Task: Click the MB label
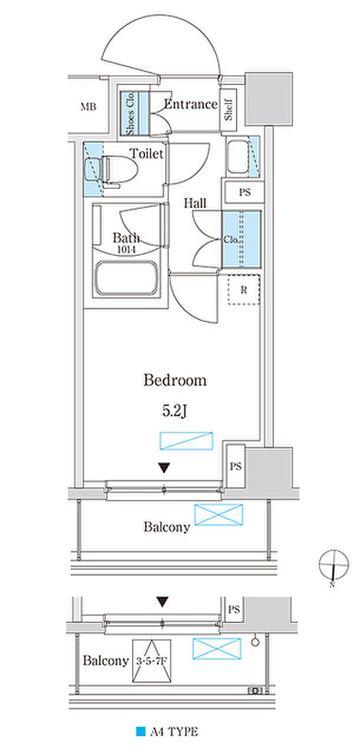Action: click(89, 107)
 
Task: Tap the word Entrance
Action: click(191, 104)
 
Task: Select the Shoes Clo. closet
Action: click(135, 114)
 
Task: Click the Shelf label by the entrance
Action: click(228, 110)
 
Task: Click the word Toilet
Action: click(146, 154)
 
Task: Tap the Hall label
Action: click(195, 203)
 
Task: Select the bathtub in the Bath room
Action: click(127, 278)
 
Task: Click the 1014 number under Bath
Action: click(126, 250)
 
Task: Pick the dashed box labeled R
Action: click(244, 290)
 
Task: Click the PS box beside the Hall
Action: click(244, 192)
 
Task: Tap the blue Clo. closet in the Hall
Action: click(241, 239)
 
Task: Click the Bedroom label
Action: click(175, 380)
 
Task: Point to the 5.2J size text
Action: click(175, 411)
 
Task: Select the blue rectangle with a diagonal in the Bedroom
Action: click(186, 441)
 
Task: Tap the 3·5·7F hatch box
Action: click(152, 661)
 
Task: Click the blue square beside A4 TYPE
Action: click(140, 731)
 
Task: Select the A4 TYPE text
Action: click(174, 732)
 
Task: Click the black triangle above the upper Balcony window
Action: click(164, 468)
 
